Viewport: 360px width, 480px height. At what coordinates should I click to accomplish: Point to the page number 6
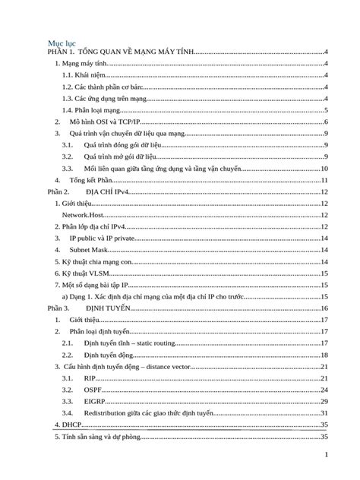coord(325,122)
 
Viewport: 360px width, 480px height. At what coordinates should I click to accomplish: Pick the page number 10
coord(324,169)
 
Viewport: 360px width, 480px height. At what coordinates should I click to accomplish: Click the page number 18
coord(324,355)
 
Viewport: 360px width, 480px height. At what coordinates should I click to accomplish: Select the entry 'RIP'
coord(90,377)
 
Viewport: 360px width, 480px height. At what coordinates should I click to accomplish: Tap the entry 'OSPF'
coord(92,390)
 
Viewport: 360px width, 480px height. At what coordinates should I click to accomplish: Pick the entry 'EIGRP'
coord(94,401)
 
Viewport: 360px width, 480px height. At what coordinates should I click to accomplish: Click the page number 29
coord(324,401)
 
